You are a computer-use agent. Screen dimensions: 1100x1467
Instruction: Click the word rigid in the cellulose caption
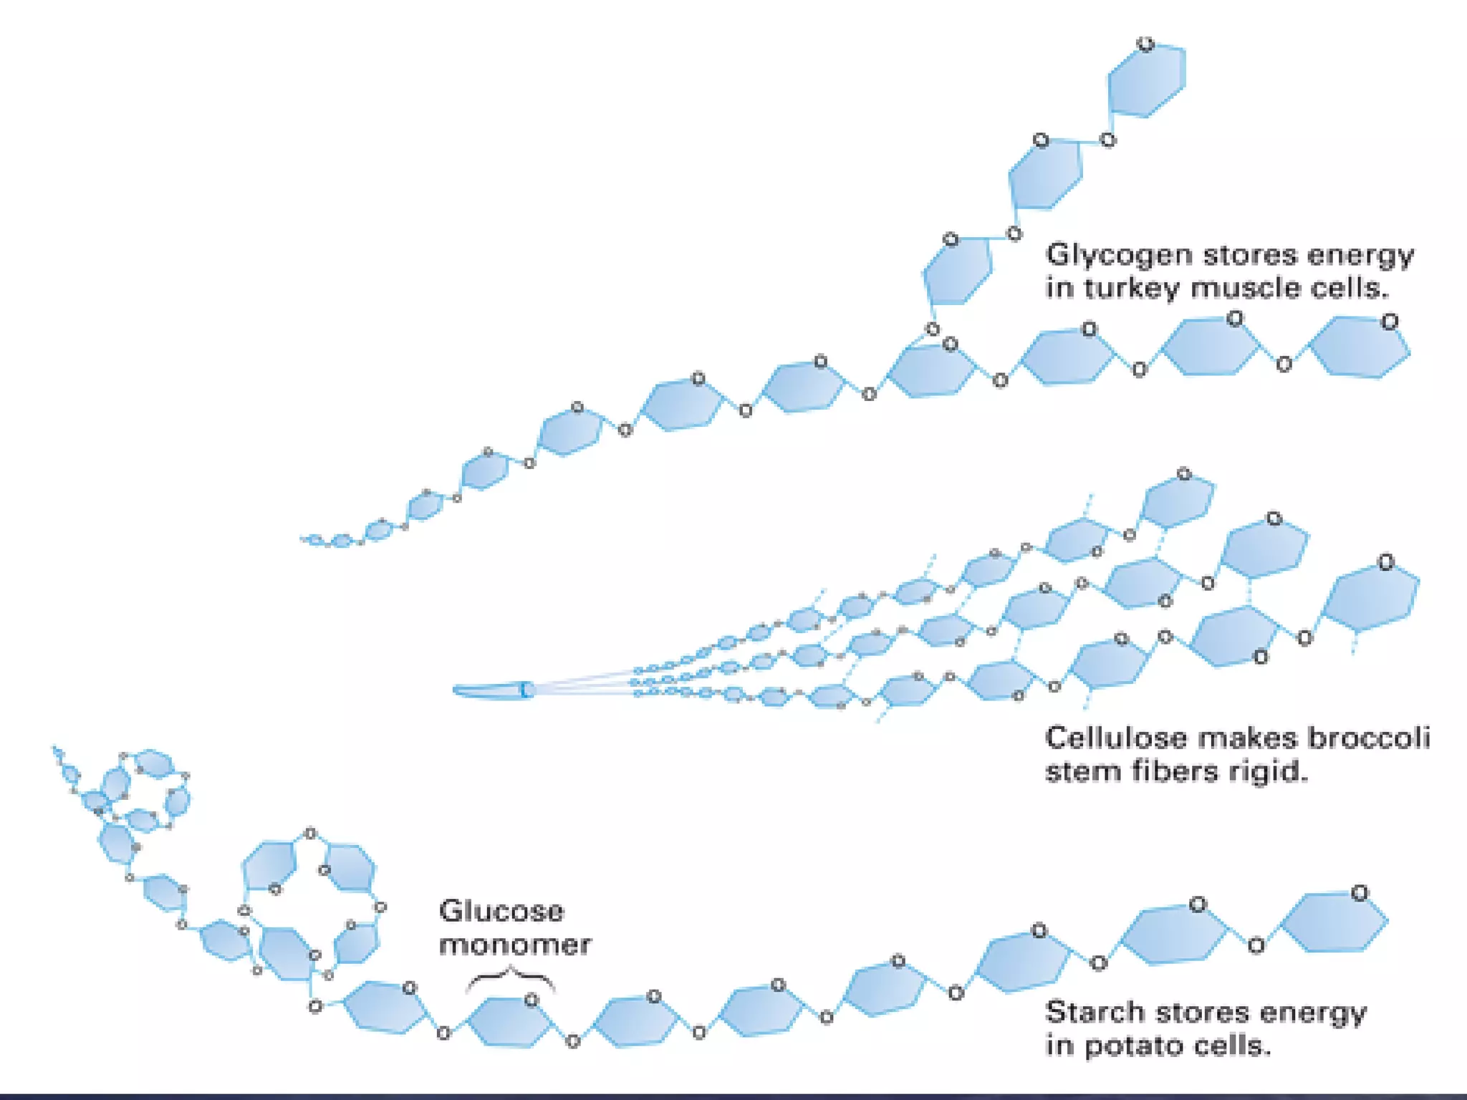1268,773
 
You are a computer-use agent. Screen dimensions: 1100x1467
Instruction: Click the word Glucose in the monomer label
501,912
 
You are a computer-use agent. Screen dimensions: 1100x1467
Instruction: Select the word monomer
514,945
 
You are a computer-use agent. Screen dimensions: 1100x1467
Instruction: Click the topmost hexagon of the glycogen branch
1146,79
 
